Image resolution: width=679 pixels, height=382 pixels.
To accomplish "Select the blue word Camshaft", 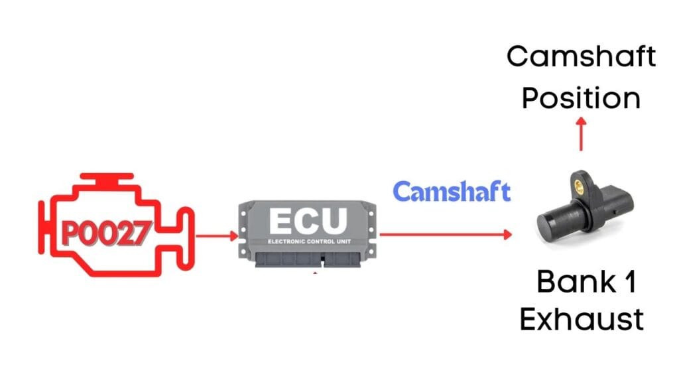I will pos(452,192).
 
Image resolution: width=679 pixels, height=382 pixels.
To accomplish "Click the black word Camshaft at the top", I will pos(582,57).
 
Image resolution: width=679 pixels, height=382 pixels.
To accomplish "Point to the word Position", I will pos(581,99).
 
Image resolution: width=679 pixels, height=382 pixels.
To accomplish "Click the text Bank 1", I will pos(586,283).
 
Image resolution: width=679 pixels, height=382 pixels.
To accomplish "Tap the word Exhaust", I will pos(582,320).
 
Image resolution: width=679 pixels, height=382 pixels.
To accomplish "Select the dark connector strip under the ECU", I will pos(308,260).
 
